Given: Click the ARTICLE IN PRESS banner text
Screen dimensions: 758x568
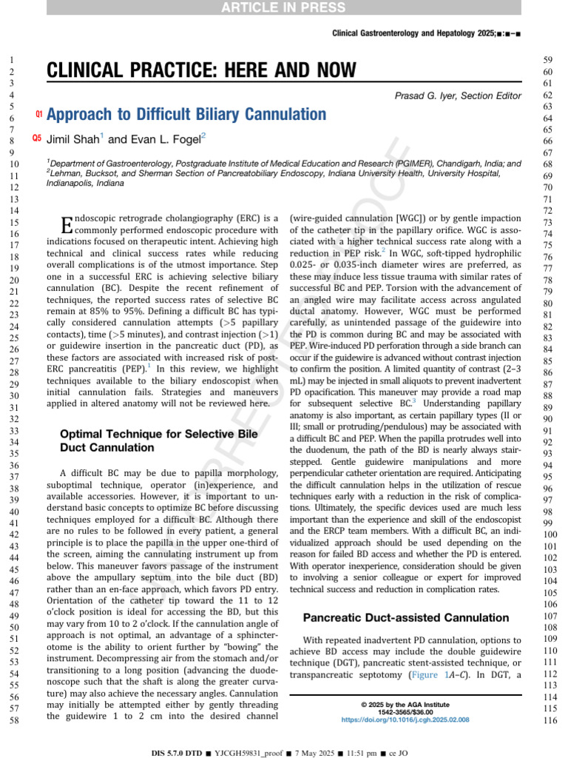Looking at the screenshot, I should [284, 7].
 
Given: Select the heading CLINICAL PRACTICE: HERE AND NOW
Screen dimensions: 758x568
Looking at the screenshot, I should [201, 71].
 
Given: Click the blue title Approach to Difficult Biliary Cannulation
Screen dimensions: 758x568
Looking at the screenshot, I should [186, 114].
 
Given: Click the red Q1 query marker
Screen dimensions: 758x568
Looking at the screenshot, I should [39, 114].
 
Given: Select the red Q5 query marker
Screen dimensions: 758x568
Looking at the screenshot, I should [37, 138].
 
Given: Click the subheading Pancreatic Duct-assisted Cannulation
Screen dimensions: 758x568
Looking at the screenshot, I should [405, 617].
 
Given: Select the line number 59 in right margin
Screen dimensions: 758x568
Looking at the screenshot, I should [548, 60].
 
